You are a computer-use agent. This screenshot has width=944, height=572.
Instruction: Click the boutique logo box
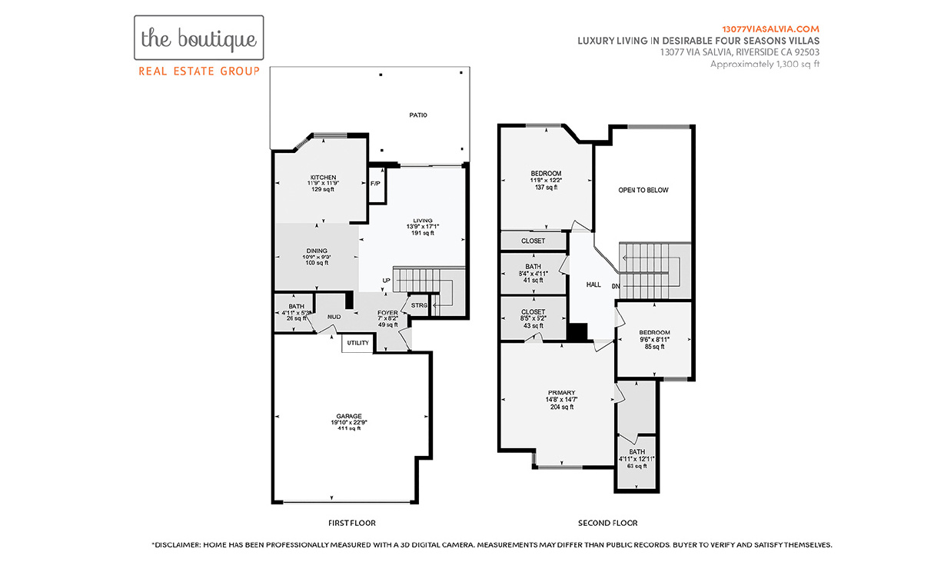tap(199, 38)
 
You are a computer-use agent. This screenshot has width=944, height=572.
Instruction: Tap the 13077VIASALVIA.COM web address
tap(770, 29)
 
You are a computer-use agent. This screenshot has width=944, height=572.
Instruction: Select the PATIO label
tap(418, 115)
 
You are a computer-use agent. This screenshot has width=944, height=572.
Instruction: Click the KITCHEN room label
tap(323, 178)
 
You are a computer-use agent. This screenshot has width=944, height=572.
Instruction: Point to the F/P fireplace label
tap(375, 184)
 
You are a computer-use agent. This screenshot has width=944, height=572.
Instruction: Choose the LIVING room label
tap(423, 221)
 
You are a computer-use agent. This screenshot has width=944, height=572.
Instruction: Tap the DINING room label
tap(317, 251)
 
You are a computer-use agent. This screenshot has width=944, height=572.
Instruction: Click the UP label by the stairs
tap(387, 281)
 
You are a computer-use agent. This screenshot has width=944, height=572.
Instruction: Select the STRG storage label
tap(419, 305)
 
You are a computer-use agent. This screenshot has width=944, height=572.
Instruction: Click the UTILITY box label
tap(357, 343)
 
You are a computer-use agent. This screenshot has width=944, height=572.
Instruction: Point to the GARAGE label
tap(349, 416)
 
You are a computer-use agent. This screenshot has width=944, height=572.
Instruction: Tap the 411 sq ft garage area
tap(349, 429)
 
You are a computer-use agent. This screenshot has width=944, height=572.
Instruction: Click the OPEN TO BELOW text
tap(643, 190)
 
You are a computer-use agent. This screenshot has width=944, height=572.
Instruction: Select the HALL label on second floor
tap(593, 284)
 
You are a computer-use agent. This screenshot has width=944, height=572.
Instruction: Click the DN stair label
tap(616, 286)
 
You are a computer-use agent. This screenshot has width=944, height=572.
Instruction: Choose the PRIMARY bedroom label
tap(562, 393)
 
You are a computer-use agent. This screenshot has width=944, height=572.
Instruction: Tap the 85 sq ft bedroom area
tap(654, 347)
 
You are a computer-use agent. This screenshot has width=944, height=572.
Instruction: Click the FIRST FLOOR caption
tap(352, 523)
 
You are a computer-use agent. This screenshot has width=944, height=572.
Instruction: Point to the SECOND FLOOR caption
tap(608, 523)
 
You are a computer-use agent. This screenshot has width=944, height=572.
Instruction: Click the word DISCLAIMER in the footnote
tap(178, 545)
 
